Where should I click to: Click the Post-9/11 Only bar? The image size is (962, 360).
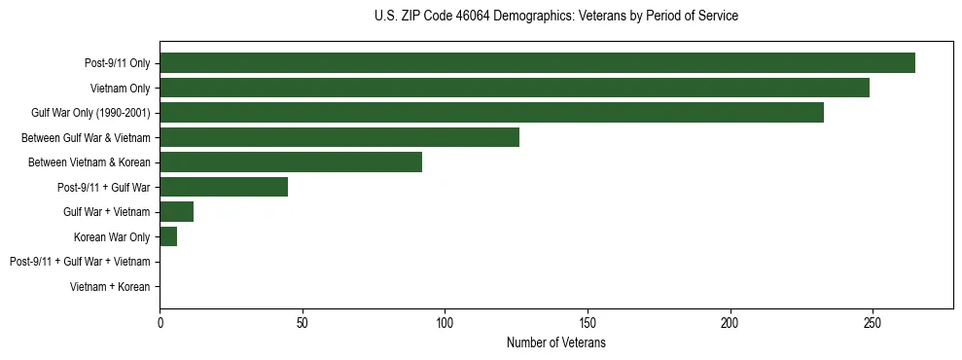coord(537,63)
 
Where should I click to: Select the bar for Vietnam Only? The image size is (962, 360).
coord(515,88)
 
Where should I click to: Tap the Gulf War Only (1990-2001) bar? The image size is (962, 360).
coord(491,113)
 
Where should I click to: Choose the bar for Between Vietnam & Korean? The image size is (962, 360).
coord(291,162)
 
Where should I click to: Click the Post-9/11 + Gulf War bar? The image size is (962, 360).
coord(224,187)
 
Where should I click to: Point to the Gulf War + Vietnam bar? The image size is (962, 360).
coord(177,212)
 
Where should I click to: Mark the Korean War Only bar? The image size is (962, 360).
coord(168,236)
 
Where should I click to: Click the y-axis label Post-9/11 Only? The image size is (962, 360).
coord(118,63)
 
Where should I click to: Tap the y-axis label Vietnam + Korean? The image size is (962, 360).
coord(110,287)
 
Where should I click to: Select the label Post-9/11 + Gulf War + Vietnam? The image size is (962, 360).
coord(80,262)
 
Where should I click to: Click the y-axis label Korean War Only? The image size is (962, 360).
coord(112,237)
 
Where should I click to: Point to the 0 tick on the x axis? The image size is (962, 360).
coord(160,322)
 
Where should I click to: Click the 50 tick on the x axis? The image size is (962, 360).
coord(303,322)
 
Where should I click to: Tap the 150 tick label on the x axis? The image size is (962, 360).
coord(588,322)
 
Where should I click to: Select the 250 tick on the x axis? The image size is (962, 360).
coord(873,322)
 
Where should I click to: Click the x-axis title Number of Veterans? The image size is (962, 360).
coord(555,342)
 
